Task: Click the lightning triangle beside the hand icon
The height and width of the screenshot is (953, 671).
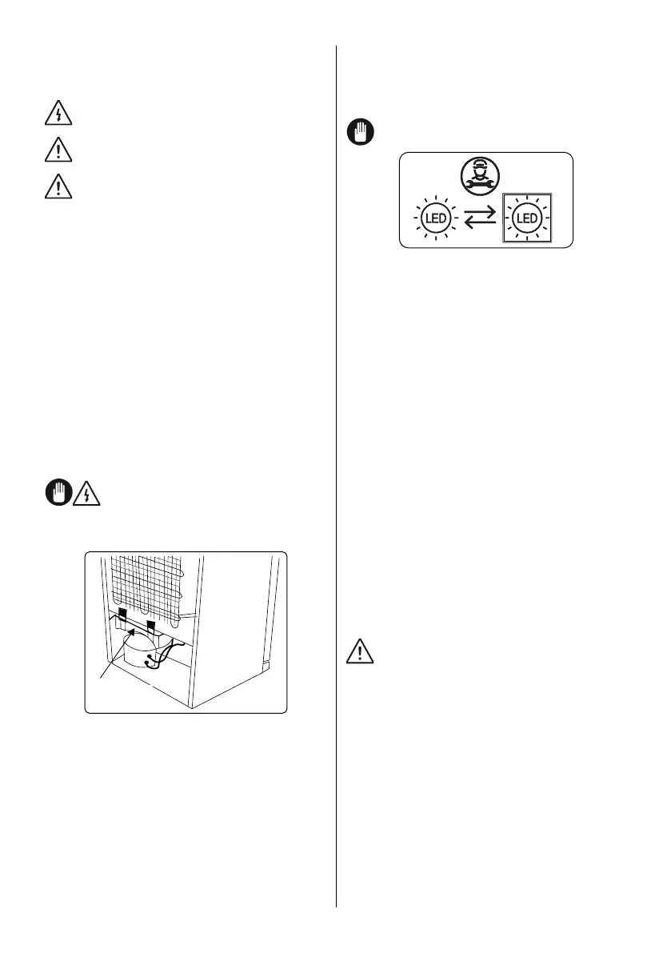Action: [87, 495]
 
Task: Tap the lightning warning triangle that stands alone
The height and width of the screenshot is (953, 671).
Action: [58, 115]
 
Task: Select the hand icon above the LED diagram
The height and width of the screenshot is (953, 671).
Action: [358, 131]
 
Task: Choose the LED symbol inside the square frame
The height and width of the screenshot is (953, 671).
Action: [525, 217]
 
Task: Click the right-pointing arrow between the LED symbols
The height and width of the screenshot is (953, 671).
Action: [481, 212]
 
